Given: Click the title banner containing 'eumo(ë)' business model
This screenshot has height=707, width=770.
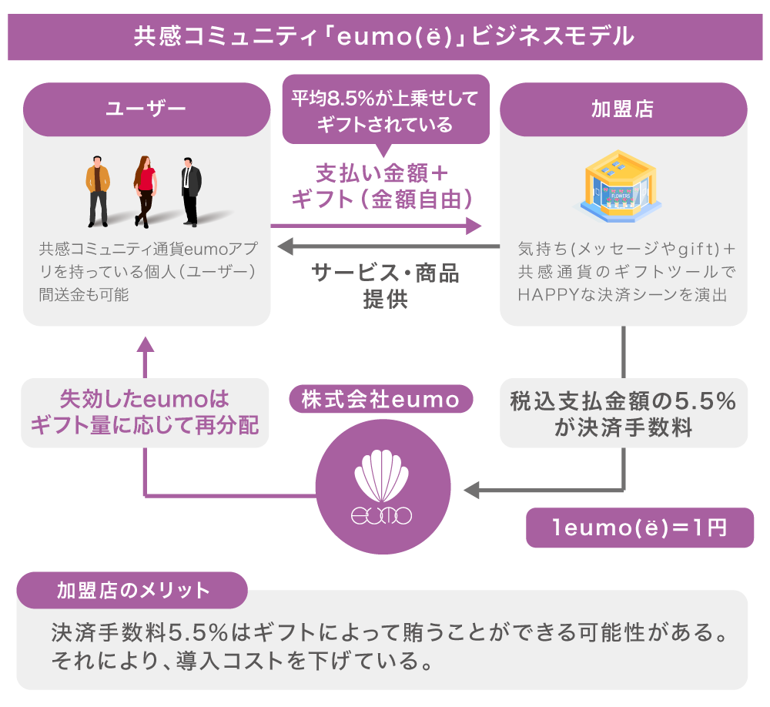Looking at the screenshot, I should (384, 36).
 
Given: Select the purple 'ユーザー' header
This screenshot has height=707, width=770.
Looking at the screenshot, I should (146, 109).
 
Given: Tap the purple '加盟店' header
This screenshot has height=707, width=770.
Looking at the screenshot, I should (623, 109).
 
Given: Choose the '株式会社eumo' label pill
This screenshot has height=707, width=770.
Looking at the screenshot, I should (380, 400).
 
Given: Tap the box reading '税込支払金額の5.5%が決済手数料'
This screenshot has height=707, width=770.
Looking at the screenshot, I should (623, 414).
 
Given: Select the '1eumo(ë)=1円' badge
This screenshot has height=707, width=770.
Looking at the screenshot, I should (639, 528).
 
